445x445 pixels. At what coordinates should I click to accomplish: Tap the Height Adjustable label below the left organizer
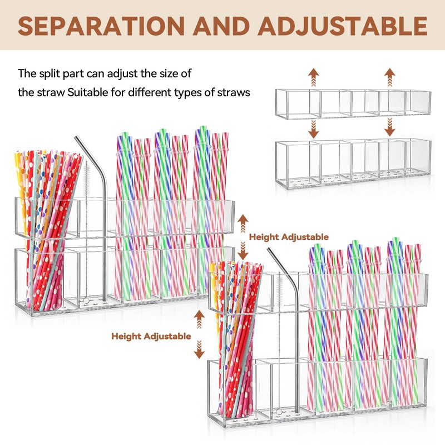(x=151, y=336)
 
